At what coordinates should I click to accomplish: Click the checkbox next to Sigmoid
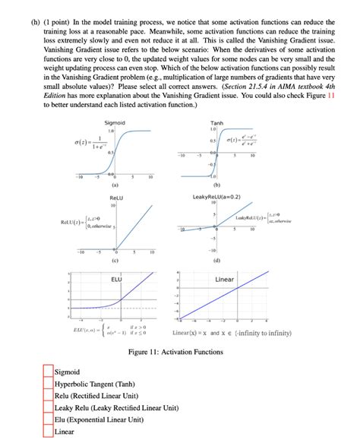(x=49, y=372)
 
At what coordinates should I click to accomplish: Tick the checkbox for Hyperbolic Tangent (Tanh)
(x=49, y=385)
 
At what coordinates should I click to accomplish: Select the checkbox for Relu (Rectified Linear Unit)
(x=49, y=396)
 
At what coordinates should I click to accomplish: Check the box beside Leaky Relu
(x=49, y=408)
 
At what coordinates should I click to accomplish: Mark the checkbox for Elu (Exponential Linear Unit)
(x=49, y=419)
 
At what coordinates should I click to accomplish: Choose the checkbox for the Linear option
(x=49, y=432)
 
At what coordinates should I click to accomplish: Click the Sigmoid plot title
(x=115, y=122)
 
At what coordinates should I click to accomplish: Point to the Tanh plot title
(x=216, y=122)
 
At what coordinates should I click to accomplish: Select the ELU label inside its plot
(x=116, y=280)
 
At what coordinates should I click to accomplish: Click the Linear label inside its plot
(x=225, y=280)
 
